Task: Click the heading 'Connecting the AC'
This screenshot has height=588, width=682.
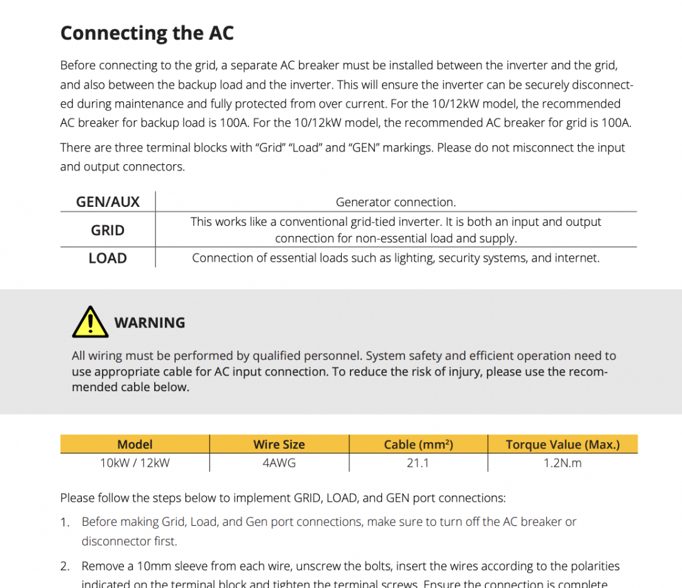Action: pos(147,33)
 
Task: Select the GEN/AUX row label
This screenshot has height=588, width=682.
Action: pos(108,202)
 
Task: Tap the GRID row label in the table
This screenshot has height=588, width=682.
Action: pos(108,230)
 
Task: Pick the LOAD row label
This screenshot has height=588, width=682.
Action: pos(108,258)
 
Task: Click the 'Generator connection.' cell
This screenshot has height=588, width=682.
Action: pos(396,202)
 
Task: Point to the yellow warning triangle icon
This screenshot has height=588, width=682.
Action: pos(90,322)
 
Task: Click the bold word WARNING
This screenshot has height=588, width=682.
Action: pos(150,323)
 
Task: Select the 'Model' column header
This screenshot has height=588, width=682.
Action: pos(135,445)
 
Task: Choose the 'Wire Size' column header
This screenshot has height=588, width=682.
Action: pos(279,445)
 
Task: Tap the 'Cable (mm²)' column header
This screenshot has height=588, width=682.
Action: pos(418,445)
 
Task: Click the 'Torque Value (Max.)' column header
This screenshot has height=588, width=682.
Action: pos(562,445)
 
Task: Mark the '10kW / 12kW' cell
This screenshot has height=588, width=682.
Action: pos(135,463)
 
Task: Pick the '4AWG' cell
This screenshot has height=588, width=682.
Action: pos(279,463)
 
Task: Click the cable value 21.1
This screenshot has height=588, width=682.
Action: pos(418,463)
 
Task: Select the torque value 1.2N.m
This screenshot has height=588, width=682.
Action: pos(562,463)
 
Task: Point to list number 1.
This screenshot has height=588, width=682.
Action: pos(65,522)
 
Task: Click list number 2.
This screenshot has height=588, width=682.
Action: pos(65,567)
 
